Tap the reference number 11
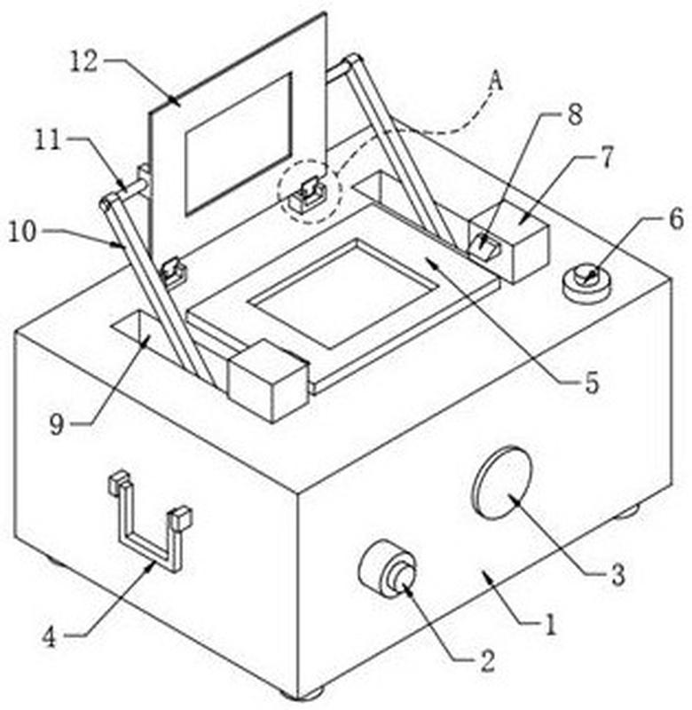(49, 140)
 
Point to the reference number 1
(550, 627)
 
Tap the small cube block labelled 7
(508, 242)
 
